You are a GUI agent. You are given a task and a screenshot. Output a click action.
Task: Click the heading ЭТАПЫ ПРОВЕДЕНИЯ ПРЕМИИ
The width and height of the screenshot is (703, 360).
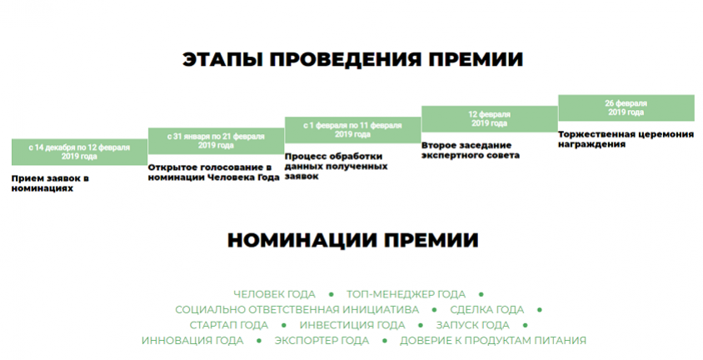tap(353, 60)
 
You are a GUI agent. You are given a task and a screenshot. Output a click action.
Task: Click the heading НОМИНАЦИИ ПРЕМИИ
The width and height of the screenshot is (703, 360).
tap(353, 240)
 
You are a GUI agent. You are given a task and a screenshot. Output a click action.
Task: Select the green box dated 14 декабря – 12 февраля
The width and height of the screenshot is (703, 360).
tap(79, 152)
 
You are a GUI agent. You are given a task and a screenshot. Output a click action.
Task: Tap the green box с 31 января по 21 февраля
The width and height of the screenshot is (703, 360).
tap(216, 141)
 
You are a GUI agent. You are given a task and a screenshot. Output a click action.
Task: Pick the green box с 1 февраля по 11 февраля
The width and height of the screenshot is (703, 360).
tap(353, 130)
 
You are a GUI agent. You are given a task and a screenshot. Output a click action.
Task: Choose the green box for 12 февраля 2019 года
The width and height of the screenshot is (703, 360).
tap(490, 119)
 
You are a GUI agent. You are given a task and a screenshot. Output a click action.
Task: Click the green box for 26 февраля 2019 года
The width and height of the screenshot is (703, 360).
tap(626, 107)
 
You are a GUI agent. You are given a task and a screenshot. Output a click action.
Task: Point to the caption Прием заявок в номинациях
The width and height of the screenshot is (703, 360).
tap(50, 183)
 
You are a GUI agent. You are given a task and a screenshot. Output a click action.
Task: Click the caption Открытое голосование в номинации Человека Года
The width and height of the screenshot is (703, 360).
tap(214, 172)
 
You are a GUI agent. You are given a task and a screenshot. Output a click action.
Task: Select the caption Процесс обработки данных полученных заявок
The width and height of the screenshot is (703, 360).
tap(337, 167)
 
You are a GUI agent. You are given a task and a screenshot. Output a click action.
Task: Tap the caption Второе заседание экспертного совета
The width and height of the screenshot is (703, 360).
tap(471, 150)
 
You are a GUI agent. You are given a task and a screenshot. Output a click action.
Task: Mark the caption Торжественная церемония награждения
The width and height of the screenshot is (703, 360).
tap(626, 139)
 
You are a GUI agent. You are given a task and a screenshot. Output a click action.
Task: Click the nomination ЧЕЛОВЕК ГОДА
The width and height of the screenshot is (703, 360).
tap(274, 294)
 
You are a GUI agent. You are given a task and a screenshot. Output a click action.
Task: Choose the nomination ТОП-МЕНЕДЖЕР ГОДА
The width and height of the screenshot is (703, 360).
tap(406, 294)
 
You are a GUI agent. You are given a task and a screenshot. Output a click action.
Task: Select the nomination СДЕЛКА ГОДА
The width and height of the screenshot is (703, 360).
tap(487, 310)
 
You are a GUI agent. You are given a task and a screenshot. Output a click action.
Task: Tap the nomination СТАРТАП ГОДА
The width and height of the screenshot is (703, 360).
tap(229, 325)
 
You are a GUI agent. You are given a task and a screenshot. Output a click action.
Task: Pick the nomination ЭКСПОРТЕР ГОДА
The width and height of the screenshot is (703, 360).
tap(322, 341)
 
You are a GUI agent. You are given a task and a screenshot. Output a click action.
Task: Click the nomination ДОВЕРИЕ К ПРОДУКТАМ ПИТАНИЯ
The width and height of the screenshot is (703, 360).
tap(493, 341)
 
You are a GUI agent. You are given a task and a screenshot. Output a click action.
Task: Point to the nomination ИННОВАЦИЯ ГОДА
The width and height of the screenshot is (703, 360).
tap(192, 341)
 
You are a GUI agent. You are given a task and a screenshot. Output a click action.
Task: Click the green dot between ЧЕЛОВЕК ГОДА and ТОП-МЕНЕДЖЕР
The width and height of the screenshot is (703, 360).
tap(332, 294)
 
